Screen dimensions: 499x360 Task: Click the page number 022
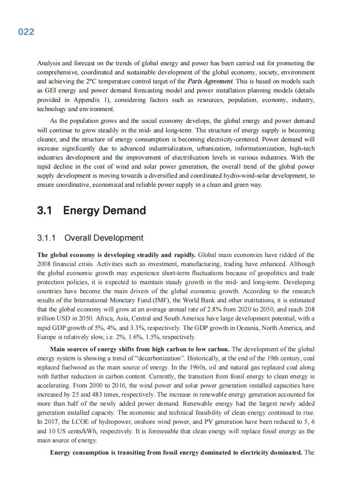(26, 32)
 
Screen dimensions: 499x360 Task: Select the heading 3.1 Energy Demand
(92, 210)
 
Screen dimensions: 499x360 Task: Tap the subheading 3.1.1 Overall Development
(90, 238)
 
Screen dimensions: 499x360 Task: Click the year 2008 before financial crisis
(44, 264)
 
